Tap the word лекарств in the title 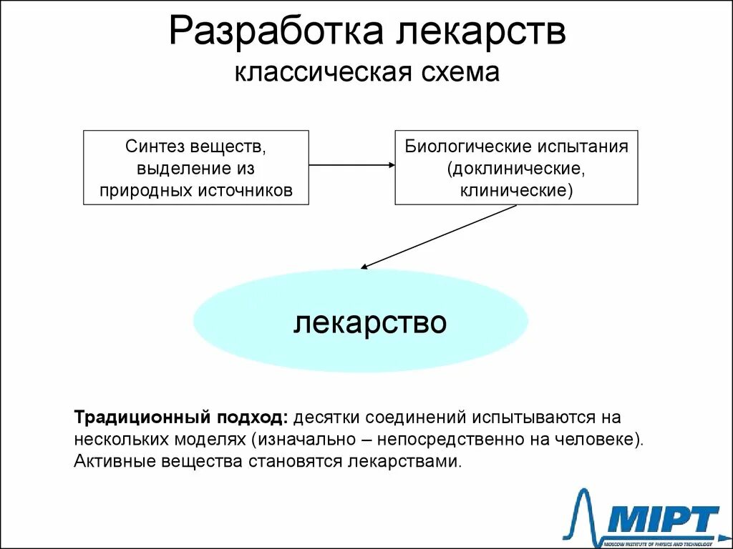[474, 34]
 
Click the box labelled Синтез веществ [196, 167]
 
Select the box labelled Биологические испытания [516, 167]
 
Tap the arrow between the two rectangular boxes [351, 165]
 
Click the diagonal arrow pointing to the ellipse [438, 237]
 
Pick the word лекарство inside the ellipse [370, 322]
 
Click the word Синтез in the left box [155, 147]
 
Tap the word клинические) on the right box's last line [516, 190]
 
